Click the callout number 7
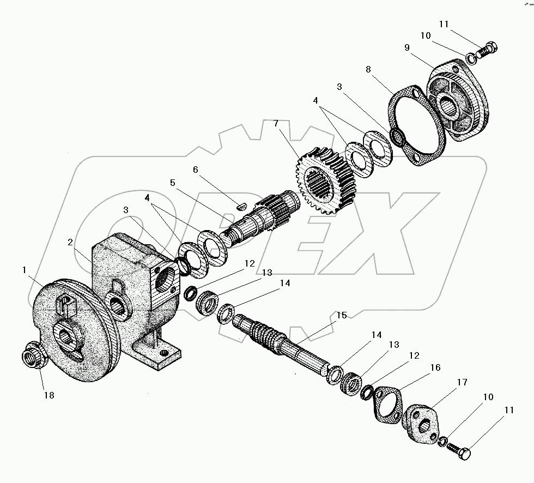(276, 124)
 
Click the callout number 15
(341, 316)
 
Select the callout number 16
(435, 368)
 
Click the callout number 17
(462, 383)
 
